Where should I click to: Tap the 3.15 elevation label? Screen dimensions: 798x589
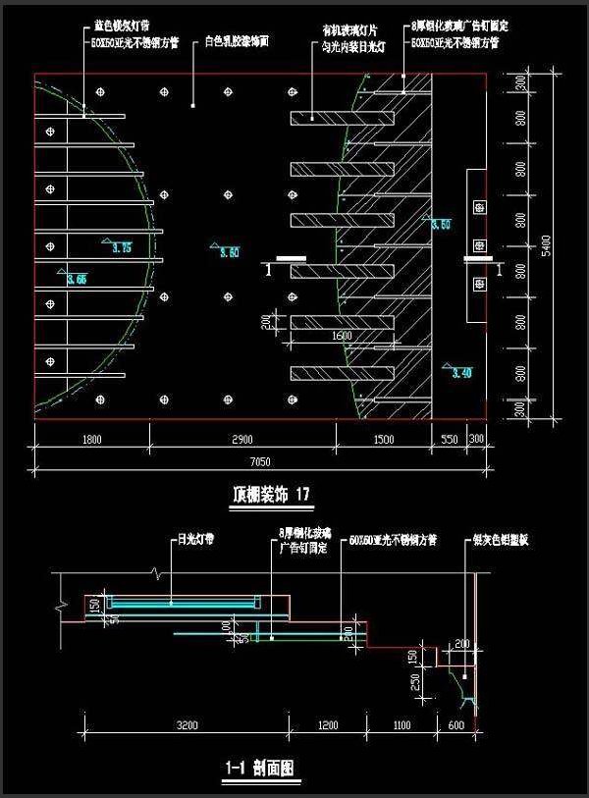point(123,247)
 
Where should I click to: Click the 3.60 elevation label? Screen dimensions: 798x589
point(229,253)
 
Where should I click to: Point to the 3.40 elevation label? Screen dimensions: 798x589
point(460,372)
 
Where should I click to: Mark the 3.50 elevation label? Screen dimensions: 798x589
point(441,225)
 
